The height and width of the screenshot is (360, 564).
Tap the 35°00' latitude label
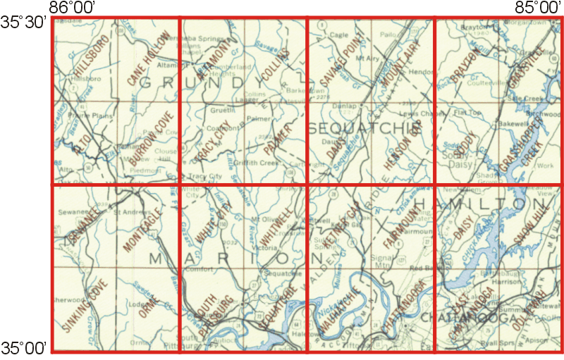click(x=23, y=347)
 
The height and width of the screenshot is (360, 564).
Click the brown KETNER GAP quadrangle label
click(x=343, y=222)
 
